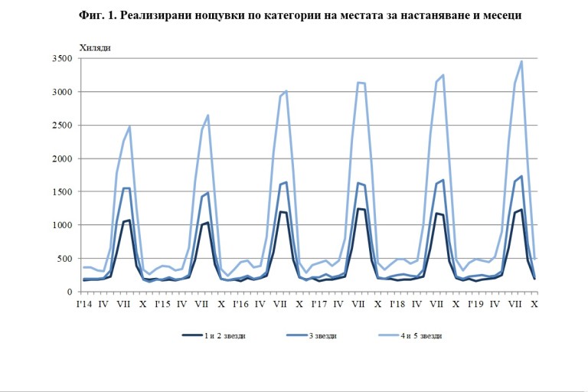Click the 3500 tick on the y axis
[62, 58]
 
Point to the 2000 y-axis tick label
[62, 158]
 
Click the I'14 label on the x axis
[85, 305]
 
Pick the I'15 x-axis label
[162, 305]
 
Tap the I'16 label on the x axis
[240, 305]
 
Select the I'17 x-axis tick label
[318, 305]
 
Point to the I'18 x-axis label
[397, 305]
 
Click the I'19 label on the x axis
[475, 305]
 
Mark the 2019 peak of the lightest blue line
[521, 61]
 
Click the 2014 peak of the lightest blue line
[130, 126]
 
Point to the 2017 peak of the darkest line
[358, 208]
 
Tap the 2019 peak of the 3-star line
[521, 176]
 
